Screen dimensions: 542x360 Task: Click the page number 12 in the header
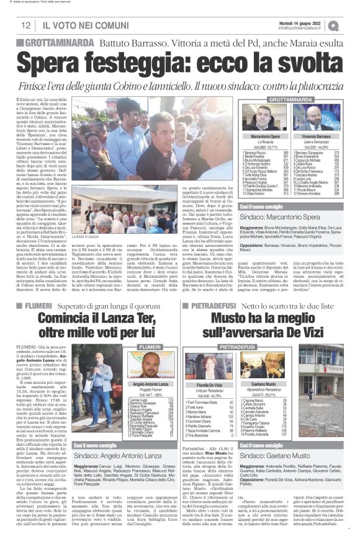[x=26, y=25]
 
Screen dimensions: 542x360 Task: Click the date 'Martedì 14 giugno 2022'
[x=308, y=22]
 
